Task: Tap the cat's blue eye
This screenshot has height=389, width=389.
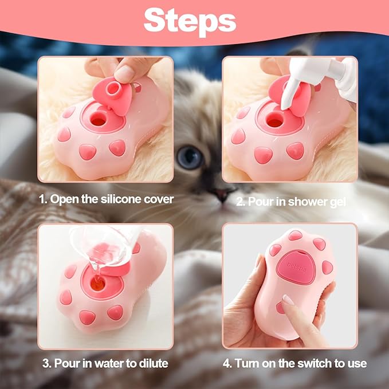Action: (190, 158)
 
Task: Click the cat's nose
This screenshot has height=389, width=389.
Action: (216, 192)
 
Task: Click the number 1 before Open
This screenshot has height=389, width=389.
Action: (41, 200)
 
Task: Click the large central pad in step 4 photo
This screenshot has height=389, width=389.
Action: (293, 267)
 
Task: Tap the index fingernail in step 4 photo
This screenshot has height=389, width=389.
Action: (287, 300)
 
